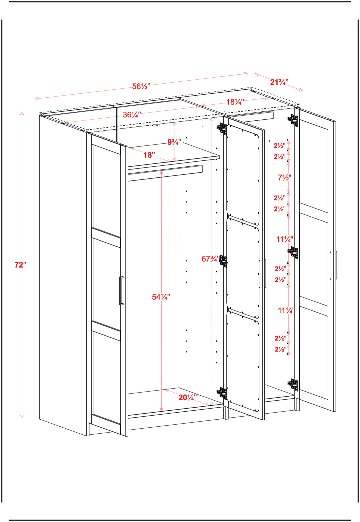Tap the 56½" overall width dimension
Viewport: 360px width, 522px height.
(x=141, y=86)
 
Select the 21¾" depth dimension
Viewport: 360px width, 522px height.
(x=279, y=82)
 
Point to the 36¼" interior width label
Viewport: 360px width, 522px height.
(x=132, y=115)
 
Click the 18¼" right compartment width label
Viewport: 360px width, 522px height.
(x=235, y=102)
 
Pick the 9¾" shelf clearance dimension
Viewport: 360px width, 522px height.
(x=174, y=142)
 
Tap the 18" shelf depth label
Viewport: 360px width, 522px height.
(x=149, y=155)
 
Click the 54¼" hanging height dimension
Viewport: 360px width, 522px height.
(x=161, y=297)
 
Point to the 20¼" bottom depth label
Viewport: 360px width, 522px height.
(x=187, y=397)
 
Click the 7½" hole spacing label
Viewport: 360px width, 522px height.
(x=284, y=177)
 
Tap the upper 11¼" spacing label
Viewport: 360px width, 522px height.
(x=285, y=239)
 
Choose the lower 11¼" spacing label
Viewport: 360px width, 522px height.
(x=286, y=311)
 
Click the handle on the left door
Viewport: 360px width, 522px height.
(x=121, y=291)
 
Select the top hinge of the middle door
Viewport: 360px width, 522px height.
(x=221, y=128)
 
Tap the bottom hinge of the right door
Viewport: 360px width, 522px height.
(x=293, y=384)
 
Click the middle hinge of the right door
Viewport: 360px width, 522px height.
(x=293, y=252)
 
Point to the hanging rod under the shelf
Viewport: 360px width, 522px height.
(x=165, y=173)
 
